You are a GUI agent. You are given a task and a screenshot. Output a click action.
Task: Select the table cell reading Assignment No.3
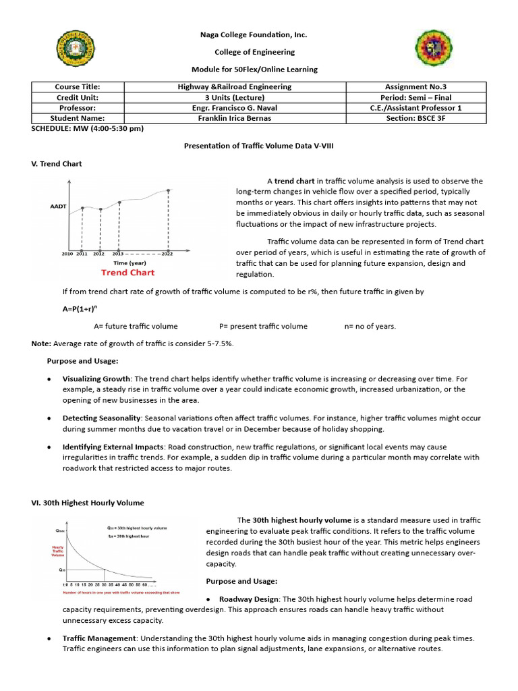coord(415,87)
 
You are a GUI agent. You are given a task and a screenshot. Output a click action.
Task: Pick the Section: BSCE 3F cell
coord(415,118)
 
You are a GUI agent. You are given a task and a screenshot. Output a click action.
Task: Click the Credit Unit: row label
coord(77,97)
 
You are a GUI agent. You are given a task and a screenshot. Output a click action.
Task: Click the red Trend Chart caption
coord(127,273)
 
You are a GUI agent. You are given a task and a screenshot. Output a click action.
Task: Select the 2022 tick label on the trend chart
coord(167,254)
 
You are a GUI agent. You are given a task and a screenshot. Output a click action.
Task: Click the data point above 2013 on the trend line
coord(119,202)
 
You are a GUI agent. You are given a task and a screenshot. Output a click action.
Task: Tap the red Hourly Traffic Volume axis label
coord(58,551)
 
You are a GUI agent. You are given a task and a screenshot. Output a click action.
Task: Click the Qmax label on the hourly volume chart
coord(61,531)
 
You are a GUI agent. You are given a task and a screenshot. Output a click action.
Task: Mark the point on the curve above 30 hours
coord(105,569)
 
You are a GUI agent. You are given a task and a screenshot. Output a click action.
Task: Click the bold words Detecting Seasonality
coord(102,418)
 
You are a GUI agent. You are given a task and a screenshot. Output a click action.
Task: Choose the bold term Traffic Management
coord(100,638)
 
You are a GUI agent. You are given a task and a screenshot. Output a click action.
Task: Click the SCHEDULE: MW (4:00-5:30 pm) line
coord(88,128)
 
